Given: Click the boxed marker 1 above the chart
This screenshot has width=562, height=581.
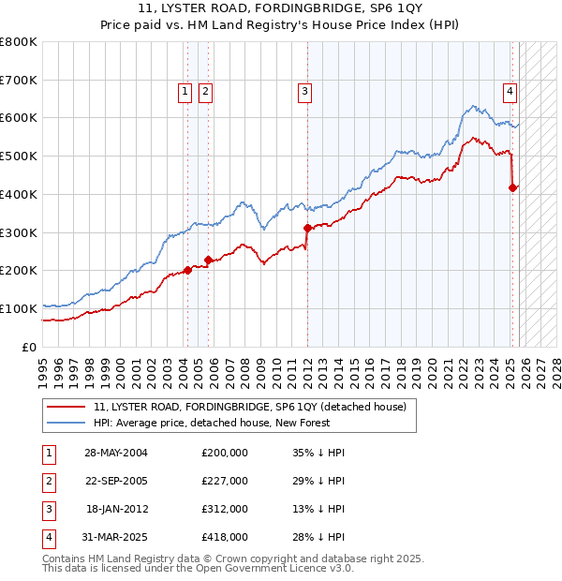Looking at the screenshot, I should [185, 91].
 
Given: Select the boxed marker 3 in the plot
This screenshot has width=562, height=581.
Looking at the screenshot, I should [305, 91].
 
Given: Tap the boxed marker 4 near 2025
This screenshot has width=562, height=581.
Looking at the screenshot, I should [510, 91].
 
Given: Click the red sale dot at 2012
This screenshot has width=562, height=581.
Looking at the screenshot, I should [307, 228].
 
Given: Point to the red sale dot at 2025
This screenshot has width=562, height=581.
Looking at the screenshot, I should [512, 187].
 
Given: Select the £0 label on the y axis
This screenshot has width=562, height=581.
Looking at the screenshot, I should [30, 347].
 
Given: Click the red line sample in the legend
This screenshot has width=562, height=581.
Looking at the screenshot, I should [67, 408].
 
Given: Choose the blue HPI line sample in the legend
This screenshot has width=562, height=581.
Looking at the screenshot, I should [67, 424].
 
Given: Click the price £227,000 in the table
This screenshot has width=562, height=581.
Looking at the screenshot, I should [225, 481].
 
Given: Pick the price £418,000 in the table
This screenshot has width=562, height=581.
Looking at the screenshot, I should [225, 537].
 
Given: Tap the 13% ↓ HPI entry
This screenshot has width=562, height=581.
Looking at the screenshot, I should [318, 509].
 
